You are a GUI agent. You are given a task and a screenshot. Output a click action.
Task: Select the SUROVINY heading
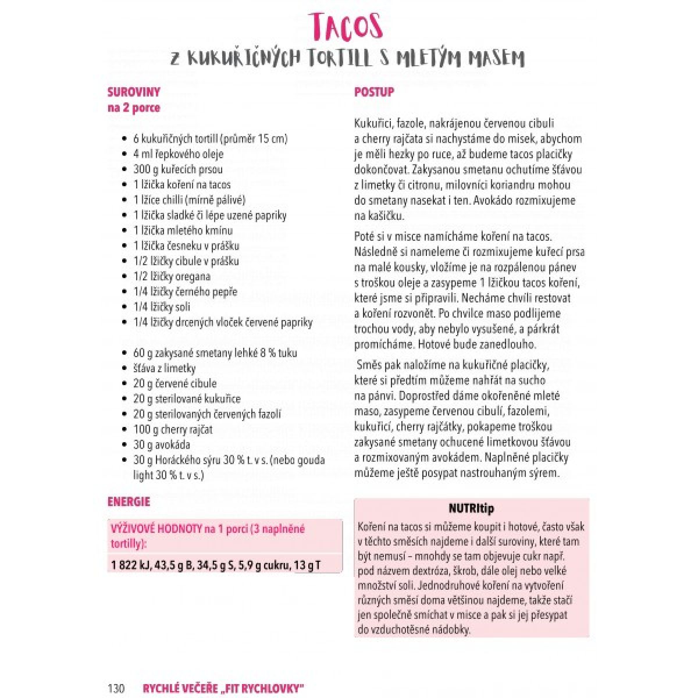[x=133, y=92]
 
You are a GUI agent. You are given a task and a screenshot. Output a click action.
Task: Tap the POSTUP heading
[x=374, y=92]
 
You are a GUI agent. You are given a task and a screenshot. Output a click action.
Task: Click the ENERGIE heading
[x=129, y=501]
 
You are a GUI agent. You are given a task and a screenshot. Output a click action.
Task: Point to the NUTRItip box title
[x=471, y=508]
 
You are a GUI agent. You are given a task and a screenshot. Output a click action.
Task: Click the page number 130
[x=116, y=688]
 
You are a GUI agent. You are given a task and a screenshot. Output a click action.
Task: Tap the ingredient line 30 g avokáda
[x=162, y=444]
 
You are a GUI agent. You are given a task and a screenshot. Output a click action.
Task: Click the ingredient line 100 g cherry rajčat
[x=173, y=429]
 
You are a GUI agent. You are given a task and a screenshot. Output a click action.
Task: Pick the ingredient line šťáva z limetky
[x=165, y=368]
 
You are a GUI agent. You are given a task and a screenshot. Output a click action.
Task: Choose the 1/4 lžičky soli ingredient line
[x=162, y=307]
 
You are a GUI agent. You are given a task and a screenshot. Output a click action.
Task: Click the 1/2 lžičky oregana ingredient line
[x=172, y=276]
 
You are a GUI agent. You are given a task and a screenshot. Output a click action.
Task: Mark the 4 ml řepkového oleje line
[x=178, y=154]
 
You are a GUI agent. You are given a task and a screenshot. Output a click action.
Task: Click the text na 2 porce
[x=133, y=108]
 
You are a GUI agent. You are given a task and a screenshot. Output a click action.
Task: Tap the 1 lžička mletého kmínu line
[x=183, y=230]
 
